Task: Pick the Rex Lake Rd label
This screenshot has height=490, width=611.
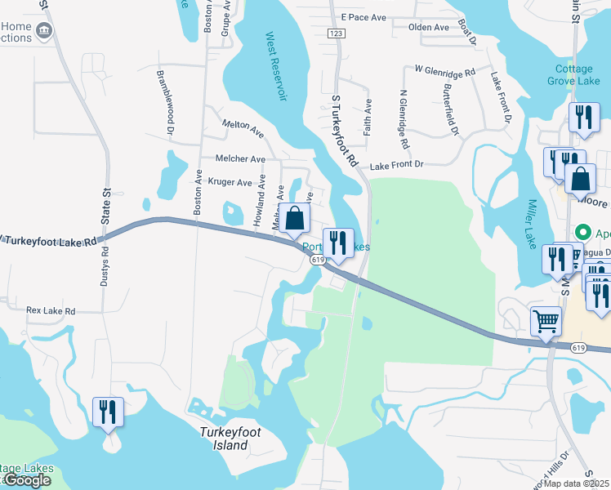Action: click(x=51, y=311)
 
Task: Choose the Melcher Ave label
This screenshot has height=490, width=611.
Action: click(x=240, y=158)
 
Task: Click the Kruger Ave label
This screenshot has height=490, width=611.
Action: click(x=230, y=182)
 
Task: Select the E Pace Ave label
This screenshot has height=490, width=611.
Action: click(x=364, y=16)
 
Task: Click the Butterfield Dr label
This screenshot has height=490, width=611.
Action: click(x=451, y=109)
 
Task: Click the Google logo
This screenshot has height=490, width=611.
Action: click(x=27, y=480)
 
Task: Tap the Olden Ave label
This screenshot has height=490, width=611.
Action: click(x=429, y=27)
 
